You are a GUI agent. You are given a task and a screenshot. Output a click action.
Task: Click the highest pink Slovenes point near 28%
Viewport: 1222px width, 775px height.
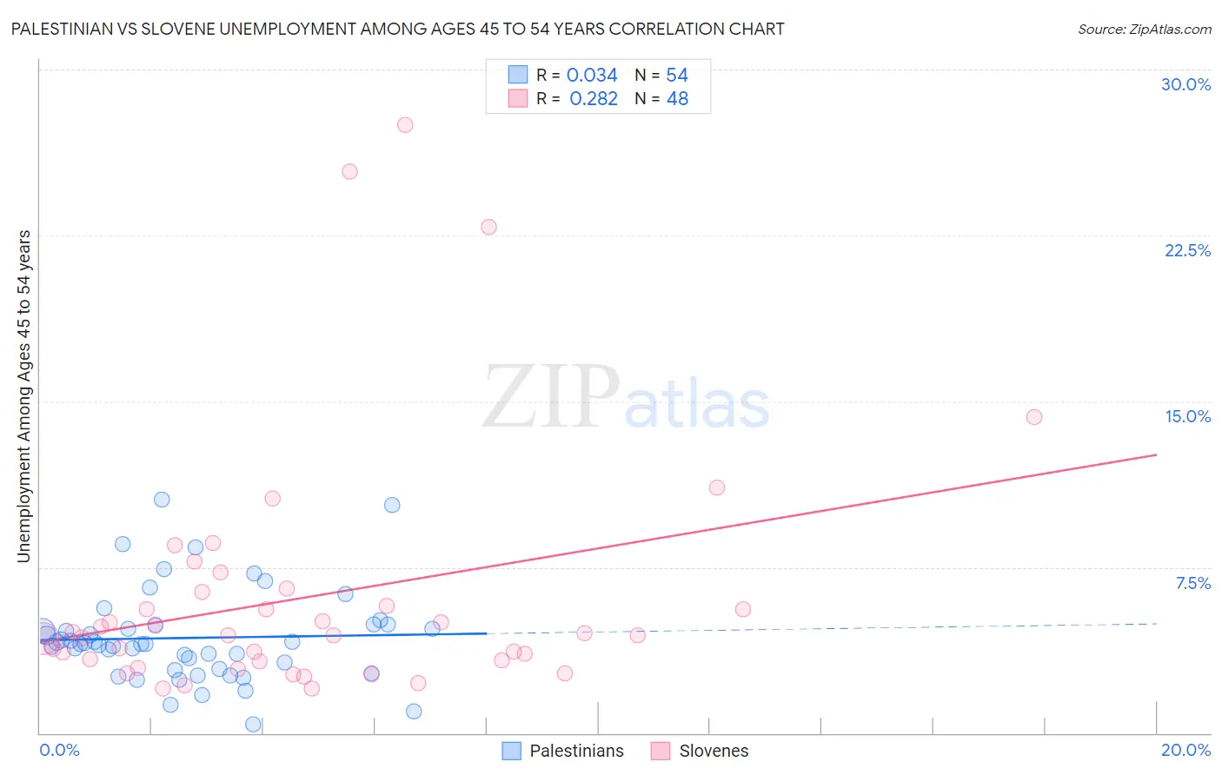[405, 125]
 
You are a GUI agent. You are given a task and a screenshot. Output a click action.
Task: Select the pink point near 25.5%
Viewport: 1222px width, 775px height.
[349, 172]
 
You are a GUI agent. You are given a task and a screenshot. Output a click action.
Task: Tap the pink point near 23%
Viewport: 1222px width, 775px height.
[488, 227]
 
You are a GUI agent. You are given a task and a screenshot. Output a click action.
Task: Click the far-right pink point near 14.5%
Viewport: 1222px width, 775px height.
[1033, 417]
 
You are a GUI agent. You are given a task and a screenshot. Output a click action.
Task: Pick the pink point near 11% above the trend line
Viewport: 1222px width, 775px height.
[716, 487]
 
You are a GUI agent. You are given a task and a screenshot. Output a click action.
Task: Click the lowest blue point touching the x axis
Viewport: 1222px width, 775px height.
[253, 724]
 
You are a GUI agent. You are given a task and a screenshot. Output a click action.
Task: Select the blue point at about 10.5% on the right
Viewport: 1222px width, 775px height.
[392, 505]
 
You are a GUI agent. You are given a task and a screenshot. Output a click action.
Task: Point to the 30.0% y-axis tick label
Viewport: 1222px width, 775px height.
[1185, 84]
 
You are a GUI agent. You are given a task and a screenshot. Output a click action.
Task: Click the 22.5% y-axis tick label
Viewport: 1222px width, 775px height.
[1187, 250]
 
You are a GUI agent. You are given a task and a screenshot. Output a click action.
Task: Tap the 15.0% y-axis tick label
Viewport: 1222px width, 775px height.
[1187, 416]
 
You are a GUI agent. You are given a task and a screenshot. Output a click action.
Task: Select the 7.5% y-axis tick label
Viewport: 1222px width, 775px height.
[1192, 583]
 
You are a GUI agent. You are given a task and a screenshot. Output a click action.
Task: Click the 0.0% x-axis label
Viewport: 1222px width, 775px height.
[59, 750]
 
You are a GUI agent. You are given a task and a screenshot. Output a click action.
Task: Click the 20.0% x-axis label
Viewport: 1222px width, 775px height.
[1185, 750]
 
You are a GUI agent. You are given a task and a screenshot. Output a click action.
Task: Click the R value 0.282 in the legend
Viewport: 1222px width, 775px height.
[593, 99]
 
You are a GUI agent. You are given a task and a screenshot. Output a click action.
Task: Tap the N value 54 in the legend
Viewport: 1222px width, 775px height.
[677, 76]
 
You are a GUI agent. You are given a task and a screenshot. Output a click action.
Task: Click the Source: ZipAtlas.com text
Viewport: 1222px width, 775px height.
[1144, 30]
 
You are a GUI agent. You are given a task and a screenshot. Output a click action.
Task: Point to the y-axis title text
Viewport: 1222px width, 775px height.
[24, 396]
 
